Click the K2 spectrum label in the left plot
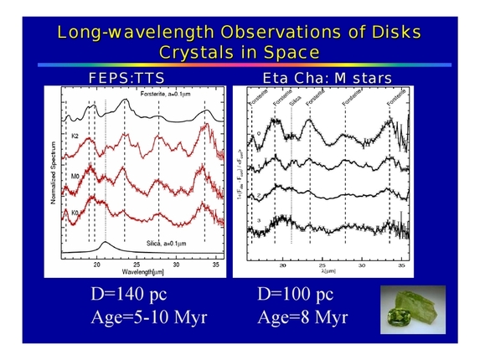click(x=75, y=135)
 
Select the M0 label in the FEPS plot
click(x=75, y=177)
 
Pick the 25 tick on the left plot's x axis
click(x=137, y=265)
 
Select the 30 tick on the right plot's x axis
click(x=362, y=265)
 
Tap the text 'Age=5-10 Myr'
click(x=148, y=318)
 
